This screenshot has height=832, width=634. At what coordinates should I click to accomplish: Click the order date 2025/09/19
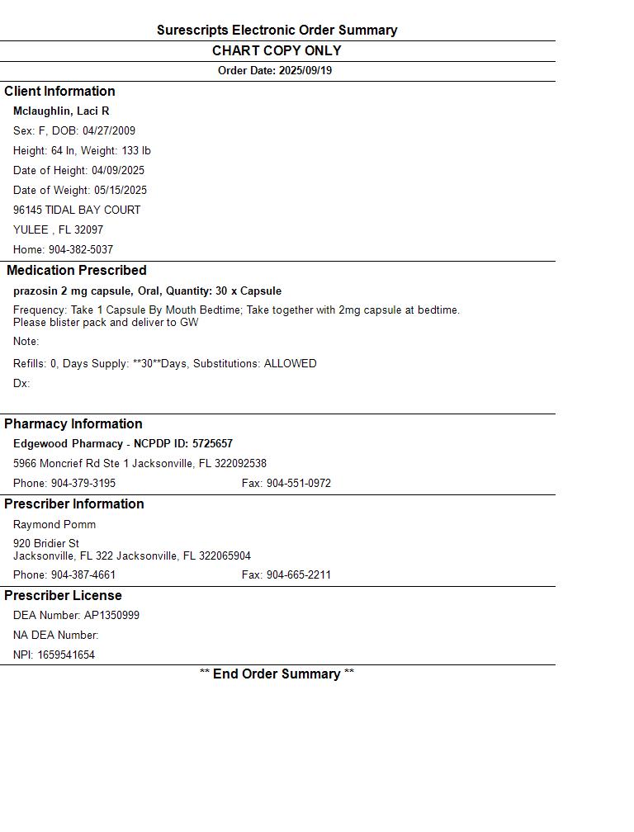coord(305,71)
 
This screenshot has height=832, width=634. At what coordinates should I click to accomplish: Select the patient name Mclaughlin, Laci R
coord(61,111)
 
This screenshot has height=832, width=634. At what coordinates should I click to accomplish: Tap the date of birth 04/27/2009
coord(109,130)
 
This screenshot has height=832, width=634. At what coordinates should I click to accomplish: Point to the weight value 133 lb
coord(136,150)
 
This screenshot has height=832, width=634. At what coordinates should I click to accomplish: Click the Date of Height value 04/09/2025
coord(118,170)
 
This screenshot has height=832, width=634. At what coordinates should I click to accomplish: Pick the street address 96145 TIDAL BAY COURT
coord(77,210)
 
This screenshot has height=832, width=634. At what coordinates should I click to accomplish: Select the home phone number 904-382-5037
coord(81,249)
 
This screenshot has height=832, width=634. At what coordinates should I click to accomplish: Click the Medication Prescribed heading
coord(77,270)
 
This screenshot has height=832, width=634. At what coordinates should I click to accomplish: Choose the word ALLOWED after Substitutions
coord(290,363)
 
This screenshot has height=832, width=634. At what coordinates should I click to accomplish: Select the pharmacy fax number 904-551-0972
coord(298,483)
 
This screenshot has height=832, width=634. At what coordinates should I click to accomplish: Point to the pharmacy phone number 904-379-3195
coord(83,483)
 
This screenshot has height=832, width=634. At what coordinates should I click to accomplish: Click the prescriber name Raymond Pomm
coord(54,524)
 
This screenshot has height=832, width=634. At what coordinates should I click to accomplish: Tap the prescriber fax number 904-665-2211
coord(298,574)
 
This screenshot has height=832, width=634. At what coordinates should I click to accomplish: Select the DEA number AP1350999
coord(111,615)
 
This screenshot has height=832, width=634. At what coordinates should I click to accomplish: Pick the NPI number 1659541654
coord(66,655)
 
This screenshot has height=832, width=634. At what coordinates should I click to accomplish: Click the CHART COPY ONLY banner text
coord(277,50)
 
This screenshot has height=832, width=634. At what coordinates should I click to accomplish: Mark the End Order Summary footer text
coord(277,674)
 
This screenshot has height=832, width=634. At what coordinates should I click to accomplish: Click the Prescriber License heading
coord(63,595)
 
